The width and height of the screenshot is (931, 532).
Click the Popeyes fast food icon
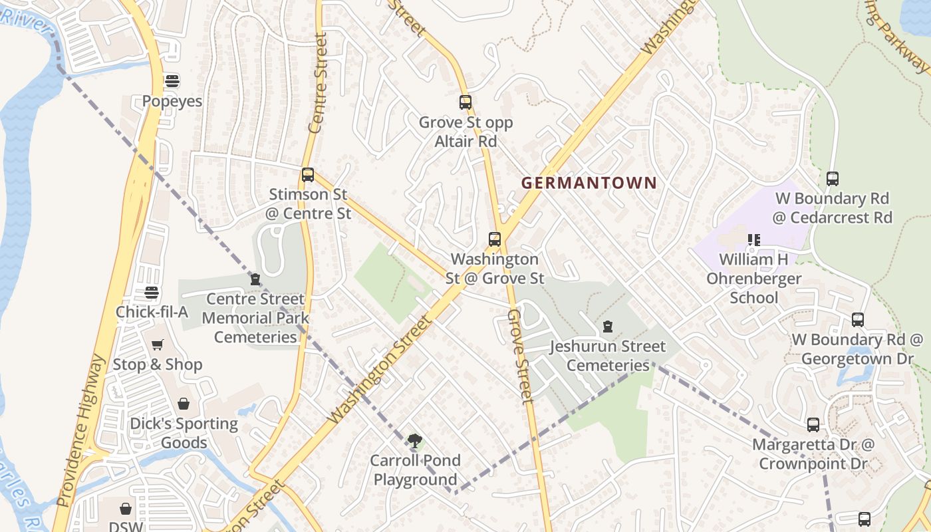coord(172,82)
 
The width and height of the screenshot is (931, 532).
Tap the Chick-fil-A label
coord(152,312)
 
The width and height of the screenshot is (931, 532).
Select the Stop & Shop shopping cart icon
coord(158,344)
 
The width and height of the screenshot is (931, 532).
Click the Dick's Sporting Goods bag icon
coord(184,404)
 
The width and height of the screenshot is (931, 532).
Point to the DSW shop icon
coord(126,509)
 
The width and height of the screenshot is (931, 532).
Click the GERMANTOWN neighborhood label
coord(589,183)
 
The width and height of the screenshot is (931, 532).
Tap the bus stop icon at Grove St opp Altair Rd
coord(465,102)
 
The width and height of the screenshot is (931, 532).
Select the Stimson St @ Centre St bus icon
coord(307,175)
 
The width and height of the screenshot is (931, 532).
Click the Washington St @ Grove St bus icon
coord(495,239)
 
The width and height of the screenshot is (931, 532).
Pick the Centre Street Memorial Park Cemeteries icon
coord(255,279)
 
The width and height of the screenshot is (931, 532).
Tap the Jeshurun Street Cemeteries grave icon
coord(607,327)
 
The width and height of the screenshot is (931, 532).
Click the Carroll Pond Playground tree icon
coord(415,440)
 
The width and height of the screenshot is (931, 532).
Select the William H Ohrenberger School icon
coord(753,239)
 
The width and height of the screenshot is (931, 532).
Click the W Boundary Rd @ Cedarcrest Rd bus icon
coord(833,178)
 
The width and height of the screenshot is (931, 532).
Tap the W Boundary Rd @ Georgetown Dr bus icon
coord(858,320)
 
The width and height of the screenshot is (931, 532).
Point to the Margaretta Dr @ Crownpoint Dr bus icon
coord(813,424)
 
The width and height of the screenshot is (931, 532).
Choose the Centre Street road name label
coord(319,83)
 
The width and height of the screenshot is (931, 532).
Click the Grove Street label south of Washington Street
coord(521,356)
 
